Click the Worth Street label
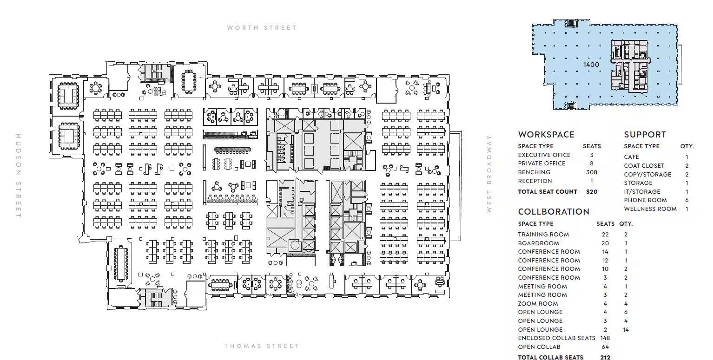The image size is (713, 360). point(262,28)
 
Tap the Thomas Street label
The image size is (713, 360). point(262,346)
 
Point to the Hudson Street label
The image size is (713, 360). point(19,176)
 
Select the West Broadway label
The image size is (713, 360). point(489,174)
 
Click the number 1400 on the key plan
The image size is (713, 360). point(591,65)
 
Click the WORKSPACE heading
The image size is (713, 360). point(546,135)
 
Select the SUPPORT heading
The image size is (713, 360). point(645,135)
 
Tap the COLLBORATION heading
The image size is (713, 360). point(554,211)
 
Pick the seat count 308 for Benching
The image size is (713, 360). point(591,172)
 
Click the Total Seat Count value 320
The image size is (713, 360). point(591,192)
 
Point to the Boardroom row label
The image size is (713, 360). point(538,243)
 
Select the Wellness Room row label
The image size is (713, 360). point(650,209)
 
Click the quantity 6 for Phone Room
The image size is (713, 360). point(687,200)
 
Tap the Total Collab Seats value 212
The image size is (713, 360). point(606,358)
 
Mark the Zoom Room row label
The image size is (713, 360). point(538,304)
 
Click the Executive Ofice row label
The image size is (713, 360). point(544,155)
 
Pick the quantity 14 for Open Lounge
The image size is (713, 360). point(626,330)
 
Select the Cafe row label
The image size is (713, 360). point(632,157)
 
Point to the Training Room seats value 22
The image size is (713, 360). point(605,235)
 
